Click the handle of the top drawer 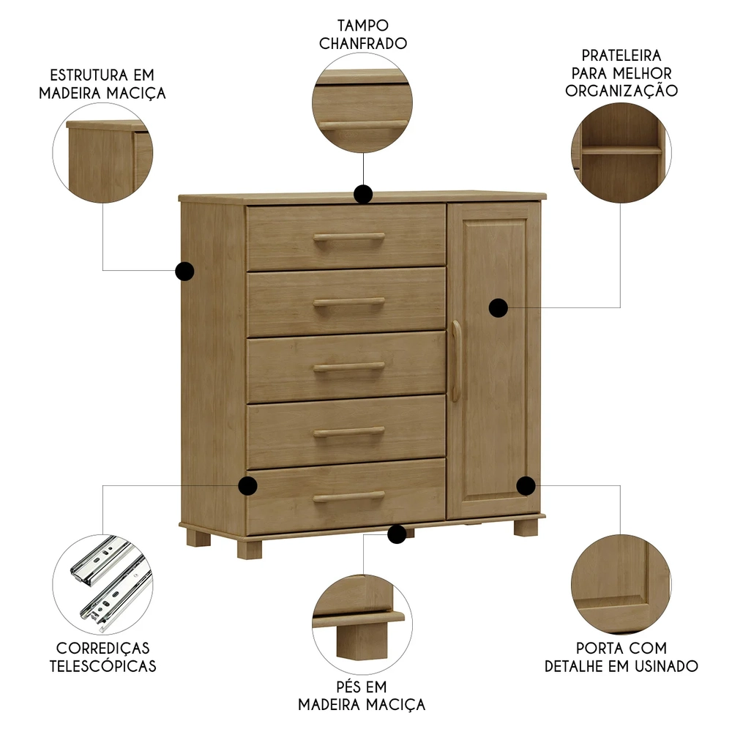click(349, 237)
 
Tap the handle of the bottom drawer click(349, 497)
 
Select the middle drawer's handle click(349, 366)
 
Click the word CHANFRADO click(362, 43)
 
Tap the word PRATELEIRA click(621, 56)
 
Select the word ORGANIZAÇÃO click(621, 91)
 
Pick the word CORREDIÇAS click(102, 649)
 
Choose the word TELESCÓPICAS click(102, 667)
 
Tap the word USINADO click(666, 666)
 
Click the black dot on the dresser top click(363, 194)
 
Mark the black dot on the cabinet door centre click(498, 307)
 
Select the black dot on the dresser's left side click(184, 272)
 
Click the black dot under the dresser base click(397, 534)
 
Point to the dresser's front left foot click(248, 549)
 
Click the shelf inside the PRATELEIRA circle click(621, 150)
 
